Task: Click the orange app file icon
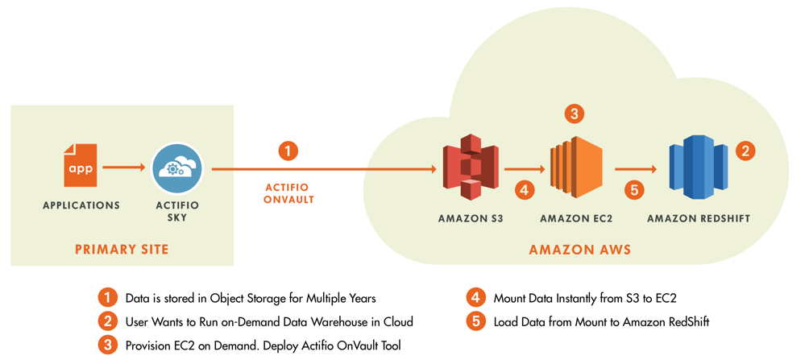[81, 166]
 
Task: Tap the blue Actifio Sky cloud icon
[176, 168]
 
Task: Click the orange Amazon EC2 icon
[575, 169]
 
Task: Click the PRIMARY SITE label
[122, 249]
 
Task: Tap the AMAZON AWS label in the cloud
[579, 250]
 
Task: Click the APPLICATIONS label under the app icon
[81, 205]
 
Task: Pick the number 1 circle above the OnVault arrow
[288, 151]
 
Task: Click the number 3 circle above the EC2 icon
[574, 114]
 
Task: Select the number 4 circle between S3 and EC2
[524, 190]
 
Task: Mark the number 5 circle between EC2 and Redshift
[635, 190]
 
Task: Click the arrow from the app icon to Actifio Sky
[124, 168]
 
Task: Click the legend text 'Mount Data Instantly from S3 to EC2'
[584, 298]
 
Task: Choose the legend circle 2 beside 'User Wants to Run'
[106, 322]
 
